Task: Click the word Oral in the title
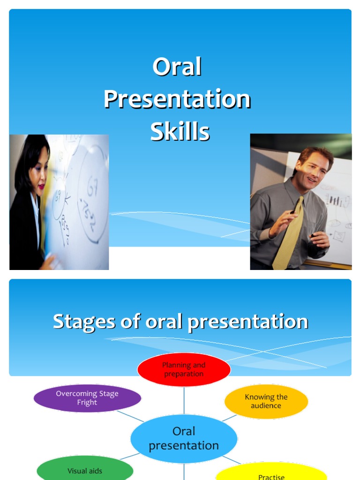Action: point(177,67)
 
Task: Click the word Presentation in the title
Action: point(177,99)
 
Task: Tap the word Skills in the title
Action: point(180,132)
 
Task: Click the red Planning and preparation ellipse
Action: point(184,369)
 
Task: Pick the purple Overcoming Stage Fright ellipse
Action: point(87,398)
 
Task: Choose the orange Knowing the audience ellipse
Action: point(266,401)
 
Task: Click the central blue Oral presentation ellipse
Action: point(184,438)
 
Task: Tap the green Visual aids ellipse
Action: point(85,470)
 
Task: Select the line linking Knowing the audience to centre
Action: point(229,417)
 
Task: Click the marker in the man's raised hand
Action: point(293,213)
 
